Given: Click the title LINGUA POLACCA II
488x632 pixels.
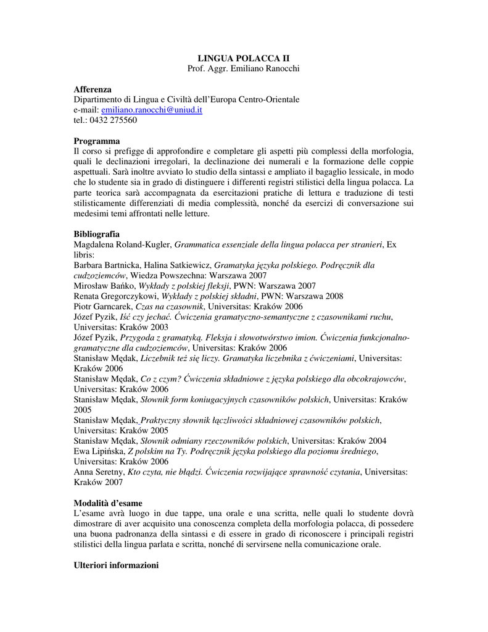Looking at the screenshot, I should pyautogui.click(x=243, y=57).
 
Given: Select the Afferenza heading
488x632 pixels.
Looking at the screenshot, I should pyautogui.click(x=93, y=89).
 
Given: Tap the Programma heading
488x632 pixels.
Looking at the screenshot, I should pyautogui.click(x=97, y=141).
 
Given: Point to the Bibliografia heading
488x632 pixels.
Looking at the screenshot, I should pyautogui.click(x=97, y=235).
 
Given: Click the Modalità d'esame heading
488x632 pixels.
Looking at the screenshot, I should pyautogui.click(x=108, y=503).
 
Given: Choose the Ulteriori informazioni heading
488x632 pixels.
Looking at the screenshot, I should pyautogui.click(x=116, y=565).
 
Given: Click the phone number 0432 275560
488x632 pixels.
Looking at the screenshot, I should pyautogui.click(x=114, y=120).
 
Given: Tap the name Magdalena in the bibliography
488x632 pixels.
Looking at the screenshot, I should pyautogui.click(x=94, y=245).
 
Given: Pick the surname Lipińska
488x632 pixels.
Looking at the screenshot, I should pyautogui.click(x=107, y=451).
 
